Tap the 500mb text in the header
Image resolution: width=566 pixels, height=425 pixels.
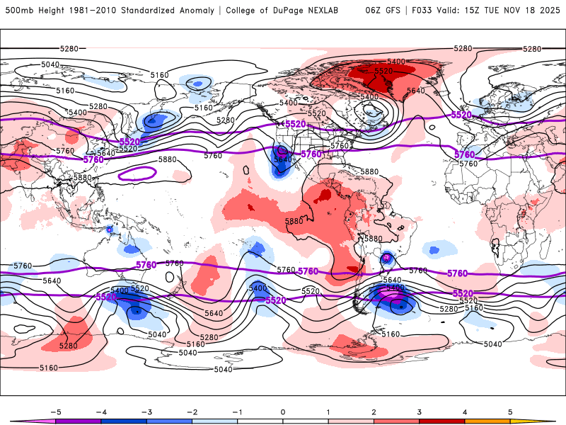click(18, 11)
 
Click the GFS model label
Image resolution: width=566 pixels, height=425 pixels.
click(392, 11)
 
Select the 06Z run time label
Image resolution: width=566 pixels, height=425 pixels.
click(373, 11)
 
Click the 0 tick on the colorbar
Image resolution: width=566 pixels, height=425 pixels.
click(282, 412)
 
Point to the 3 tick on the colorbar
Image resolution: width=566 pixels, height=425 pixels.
click(419, 412)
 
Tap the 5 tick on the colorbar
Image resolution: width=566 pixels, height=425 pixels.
click(510, 412)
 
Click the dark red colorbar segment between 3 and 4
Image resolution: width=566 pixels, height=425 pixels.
click(441, 421)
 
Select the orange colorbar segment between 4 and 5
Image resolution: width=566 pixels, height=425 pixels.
click(487, 421)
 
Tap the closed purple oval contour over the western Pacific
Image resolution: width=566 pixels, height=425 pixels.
click(137, 172)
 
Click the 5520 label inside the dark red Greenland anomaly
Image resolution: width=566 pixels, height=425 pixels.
click(383, 72)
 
